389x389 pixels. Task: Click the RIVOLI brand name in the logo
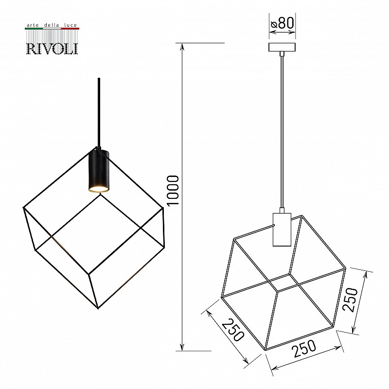[x=52, y=48]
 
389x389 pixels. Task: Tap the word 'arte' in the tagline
[x=33, y=25]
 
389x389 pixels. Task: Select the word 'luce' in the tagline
[x=71, y=25]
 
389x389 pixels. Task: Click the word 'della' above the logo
[x=52, y=25]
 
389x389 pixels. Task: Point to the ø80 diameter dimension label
[x=283, y=23]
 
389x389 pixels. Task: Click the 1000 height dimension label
[x=173, y=191]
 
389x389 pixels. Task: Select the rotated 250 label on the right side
[x=350, y=300]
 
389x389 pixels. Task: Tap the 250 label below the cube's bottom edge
[x=304, y=349]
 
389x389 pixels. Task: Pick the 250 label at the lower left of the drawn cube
[x=232, y=330]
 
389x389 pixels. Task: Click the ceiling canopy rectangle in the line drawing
[x=282, y=47]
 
